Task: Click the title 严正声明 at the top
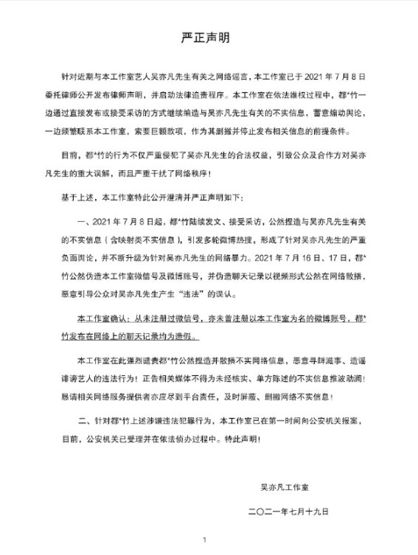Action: (x=208, y=35)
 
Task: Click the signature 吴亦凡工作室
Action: (x=285, y=486)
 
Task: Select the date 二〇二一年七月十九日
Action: (x=287, y=510)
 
